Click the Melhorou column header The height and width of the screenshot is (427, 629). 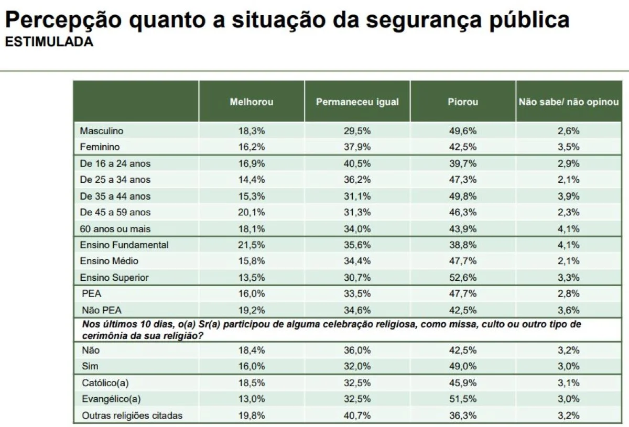tap(252, 102)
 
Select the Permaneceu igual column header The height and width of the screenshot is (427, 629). tap(357, 102)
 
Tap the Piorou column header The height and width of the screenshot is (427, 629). tap(463, 102)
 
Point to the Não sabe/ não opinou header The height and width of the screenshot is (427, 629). tap(569, 102)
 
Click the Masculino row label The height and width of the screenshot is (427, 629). tap(102, 131)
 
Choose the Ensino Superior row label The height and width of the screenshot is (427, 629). tap(114, 278)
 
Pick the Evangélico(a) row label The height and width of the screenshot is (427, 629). tap(111, 399)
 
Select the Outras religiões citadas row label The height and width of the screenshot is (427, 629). tap(132, 416)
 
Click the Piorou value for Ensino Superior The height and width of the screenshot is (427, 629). tap(463, 278)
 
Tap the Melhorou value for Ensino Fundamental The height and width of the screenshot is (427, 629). tap(252, 245)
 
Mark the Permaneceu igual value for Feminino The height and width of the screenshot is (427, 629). tap(357, 147)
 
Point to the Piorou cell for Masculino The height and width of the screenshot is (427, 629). tap(463, 131)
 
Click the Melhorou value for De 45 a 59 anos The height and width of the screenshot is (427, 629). tap(252, 212)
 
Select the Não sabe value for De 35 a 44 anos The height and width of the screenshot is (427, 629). tap(569, 196)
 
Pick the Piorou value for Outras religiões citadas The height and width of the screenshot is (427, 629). tap(463, 416)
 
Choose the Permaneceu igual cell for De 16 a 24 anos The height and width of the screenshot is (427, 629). tap(357, 163)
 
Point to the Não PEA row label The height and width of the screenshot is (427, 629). tap(102, 310)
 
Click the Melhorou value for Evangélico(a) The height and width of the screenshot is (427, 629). tap(252, 399)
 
